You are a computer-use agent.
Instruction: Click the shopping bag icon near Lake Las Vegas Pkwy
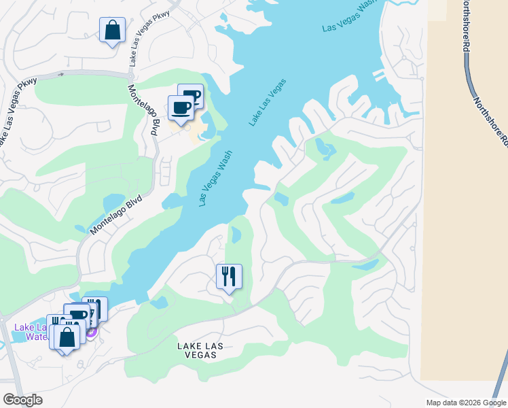[113, 31]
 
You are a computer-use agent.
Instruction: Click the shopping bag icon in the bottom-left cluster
[67, 337]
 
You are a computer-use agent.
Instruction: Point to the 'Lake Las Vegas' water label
[268, 103]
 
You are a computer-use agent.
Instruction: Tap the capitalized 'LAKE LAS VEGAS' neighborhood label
[200, 351]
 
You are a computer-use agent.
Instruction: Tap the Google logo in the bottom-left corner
[22, 400]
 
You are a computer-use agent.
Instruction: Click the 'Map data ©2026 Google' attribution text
[466, 403]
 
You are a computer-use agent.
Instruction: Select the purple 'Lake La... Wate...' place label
[30, 332]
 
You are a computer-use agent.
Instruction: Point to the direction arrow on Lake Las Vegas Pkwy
[62, 74]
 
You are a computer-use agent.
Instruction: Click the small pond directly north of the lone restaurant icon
[236, 235]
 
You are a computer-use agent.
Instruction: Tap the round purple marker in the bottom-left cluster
[91, 331]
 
